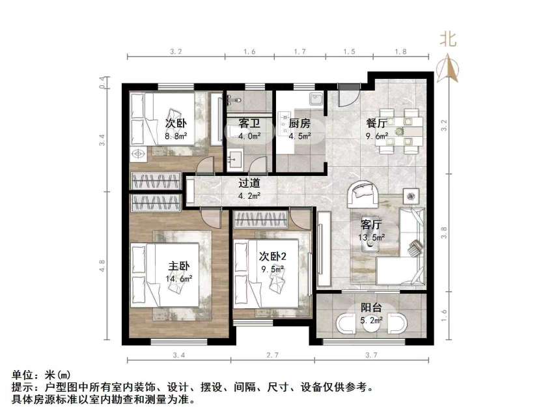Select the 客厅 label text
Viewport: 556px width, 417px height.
tap(371, 225)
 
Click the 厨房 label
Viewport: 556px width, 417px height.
tap(299, 123)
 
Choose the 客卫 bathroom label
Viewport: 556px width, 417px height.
tap(249, 123)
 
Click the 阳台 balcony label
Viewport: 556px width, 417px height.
tap(372, 309)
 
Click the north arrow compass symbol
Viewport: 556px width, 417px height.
tap(449, 69)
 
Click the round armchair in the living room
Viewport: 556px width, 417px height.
tap(363, 194)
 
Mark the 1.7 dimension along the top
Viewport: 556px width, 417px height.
tap(300, 51)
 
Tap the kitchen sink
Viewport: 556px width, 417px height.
tap(315, 100)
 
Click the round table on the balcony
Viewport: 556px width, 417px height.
tap(372, 324)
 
